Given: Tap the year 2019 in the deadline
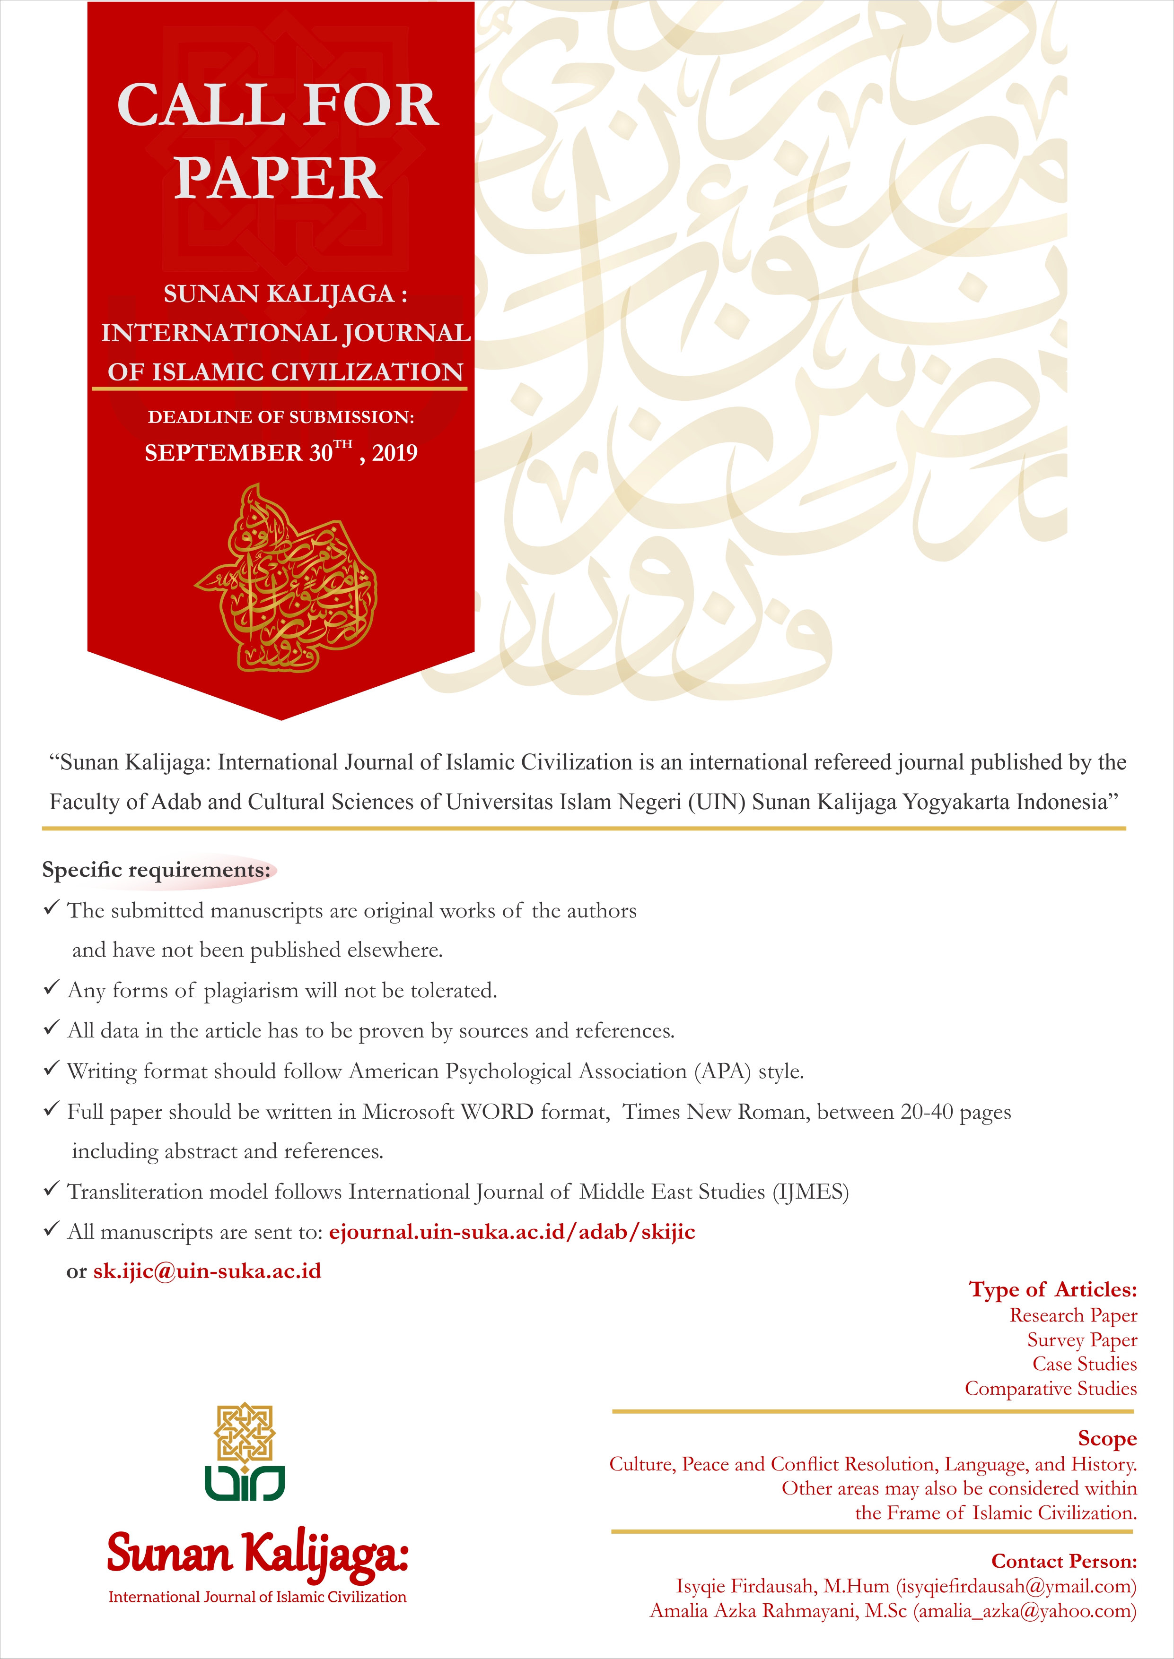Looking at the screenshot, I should coord(394,453).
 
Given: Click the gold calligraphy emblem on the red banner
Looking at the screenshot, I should coord(286,578).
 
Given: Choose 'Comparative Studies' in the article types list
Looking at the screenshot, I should coord(1051,1388).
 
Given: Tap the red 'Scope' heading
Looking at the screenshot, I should coord(1107,1439).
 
